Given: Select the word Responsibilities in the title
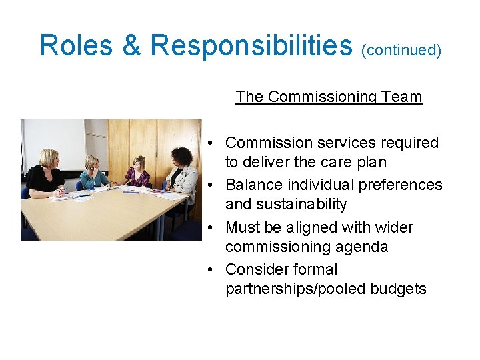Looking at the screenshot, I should pyautogui.click(x=251, y=45).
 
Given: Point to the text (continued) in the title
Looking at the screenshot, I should pyautogui.click(x=401, y=50).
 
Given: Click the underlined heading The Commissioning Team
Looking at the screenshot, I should pyautogui.click(x=329, y=97).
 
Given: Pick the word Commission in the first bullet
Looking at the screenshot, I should pyautogui.click(x=267, y=143).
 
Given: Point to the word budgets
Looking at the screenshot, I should pyautogui.click(x=398, y=289).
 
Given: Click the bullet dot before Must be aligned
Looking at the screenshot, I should pyautogui.click(x=210, y=227).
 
